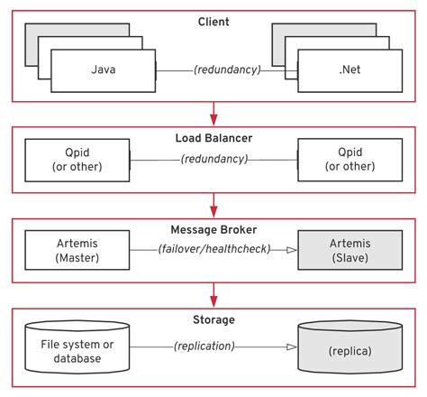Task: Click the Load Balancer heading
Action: coord(213,138)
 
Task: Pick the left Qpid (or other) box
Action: coord(77,160)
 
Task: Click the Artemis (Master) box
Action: coord(77,249)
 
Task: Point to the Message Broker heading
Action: coord(213,228)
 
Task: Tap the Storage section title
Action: coord(213,319)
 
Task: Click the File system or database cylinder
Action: coord(77,346)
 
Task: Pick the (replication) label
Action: coord(213,346)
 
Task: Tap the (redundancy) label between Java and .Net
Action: coord(220,69)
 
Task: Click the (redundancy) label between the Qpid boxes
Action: coord(213,160)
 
